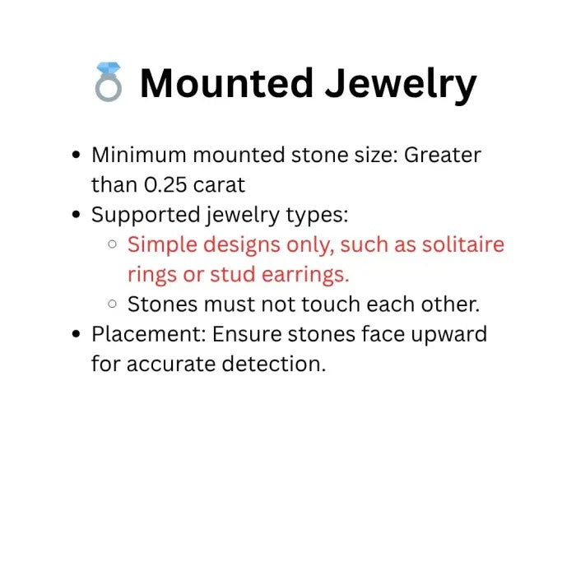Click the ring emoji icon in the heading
[109, 84]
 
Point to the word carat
[220, 185]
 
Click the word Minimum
[137, 155]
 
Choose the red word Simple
[160, 244]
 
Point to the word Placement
[141, 334]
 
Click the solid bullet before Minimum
[77, 156]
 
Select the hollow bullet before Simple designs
[113, 245]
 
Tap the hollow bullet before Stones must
[113, 304]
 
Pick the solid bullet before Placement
[77, 335]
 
